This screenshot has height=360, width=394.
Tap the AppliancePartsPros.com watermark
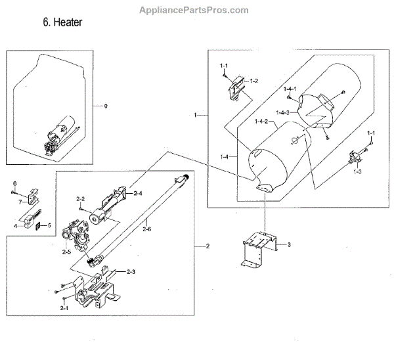tap(195, 10)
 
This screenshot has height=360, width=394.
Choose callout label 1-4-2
tap(262, 122)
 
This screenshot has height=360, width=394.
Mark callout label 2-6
tap(146, 229)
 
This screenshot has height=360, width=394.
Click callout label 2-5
tap(66, 252)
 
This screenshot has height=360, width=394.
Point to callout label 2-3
tap(131, 271)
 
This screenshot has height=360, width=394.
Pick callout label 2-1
tap(64, 307)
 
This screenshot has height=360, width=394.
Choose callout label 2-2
tap(81, 198)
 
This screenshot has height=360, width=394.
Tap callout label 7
tap(20, 202)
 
